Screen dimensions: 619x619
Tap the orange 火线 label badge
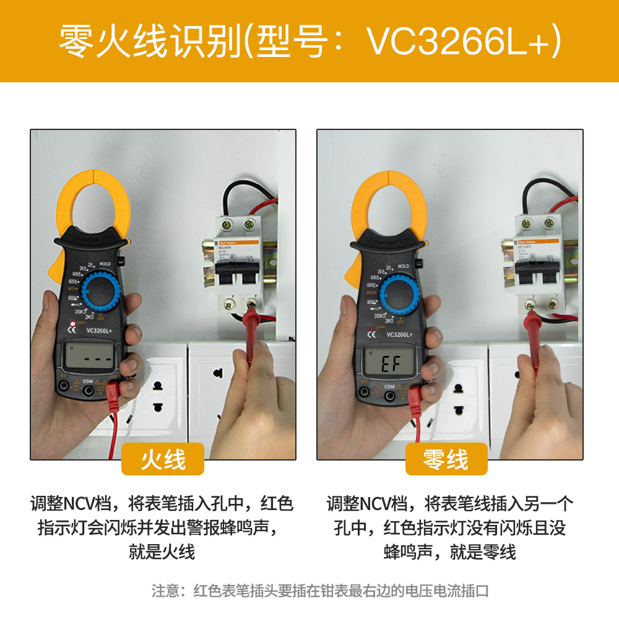(163, 459)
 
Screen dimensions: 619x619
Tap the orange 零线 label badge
(446, 459)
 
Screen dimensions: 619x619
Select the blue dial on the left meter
(97, 290)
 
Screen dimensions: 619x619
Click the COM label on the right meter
(389, 386)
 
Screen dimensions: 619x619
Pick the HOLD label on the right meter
(403, 266)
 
